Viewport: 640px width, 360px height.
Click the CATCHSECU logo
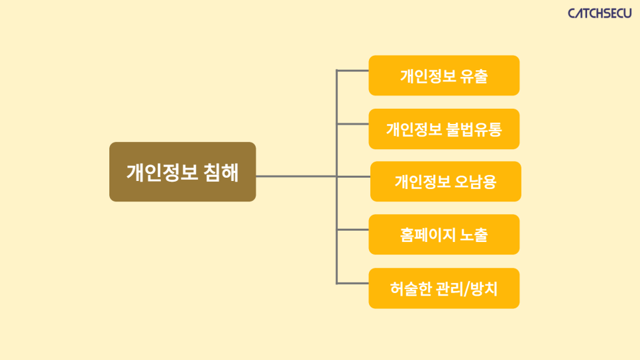click(x=599, y=13)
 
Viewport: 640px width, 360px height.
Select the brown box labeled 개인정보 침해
click(x=182, y=172)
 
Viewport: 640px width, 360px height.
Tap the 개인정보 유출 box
click(x=444, y=76)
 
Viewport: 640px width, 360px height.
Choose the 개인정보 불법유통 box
click(x=444, y=129)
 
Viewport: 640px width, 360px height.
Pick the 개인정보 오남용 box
click(x=446, y=182)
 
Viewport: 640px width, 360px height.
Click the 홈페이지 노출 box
click(x=444, y=235)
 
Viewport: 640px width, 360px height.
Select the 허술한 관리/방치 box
click(x=444, y=288)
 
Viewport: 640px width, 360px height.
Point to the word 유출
click(x=474, y=76)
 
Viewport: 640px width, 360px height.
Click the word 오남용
click(x=476, y=182)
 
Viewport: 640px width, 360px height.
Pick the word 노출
click(x=474, y=235)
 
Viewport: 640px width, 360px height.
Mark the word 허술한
click(x=411, y=289)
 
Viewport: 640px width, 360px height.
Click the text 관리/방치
click(x=467, y=289)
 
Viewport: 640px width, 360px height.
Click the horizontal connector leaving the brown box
click(x=296, y=176)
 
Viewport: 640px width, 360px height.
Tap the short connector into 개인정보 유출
click(x=352, y=71)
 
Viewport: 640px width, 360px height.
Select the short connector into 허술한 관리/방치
click(x=352, y=283)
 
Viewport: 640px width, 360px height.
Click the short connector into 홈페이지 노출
click(x=352, y=229)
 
